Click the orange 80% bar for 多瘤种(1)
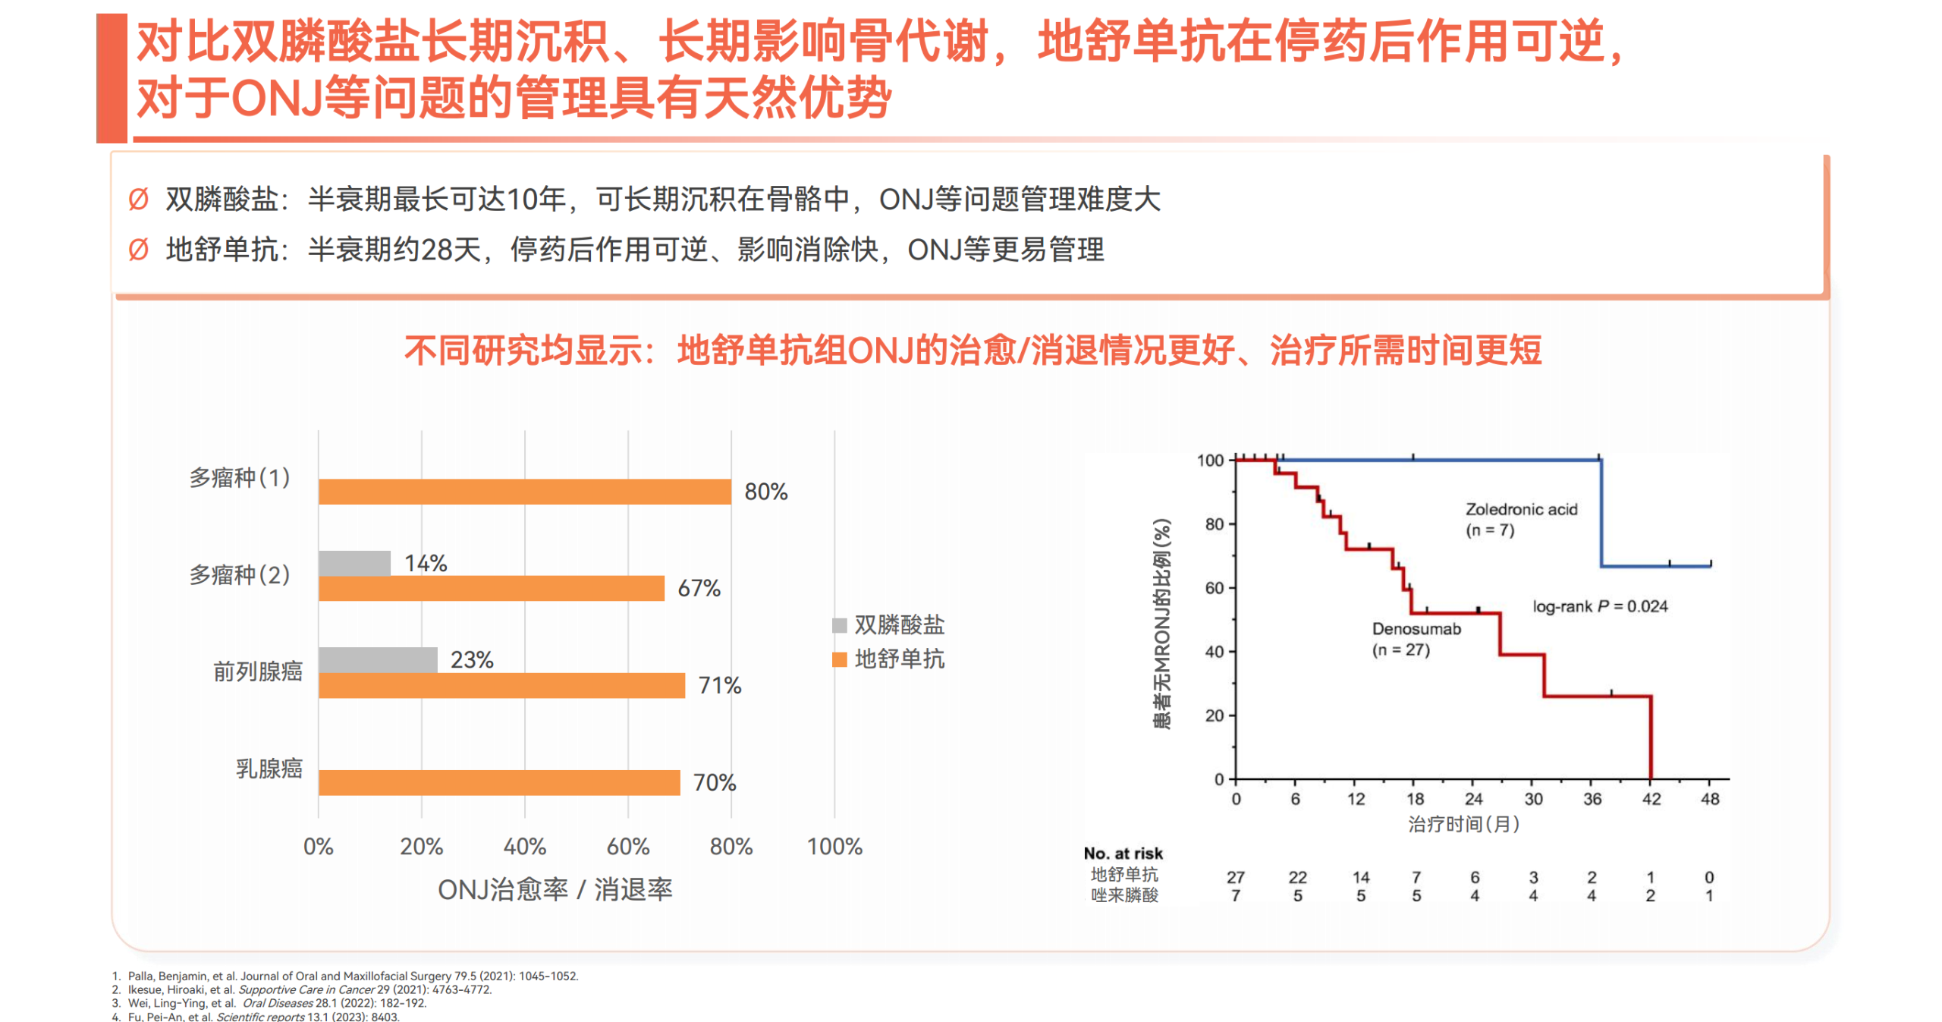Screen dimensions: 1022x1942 (x=524, y=492)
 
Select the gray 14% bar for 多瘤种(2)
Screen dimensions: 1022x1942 (x=354, y=563)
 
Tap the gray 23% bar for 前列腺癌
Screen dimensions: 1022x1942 (x=378, y=659)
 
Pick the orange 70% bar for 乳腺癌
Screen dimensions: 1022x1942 (x=499, y=782)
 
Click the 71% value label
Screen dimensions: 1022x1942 (x=719, y=686)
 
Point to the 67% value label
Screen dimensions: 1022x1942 (x=699, y=589)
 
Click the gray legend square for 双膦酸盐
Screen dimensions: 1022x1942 (x=839, y=625)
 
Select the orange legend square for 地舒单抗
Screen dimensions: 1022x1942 (x=839, y=659)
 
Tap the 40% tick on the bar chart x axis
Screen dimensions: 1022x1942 (x=524, y=847)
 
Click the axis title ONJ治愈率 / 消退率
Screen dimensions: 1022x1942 (x=555, y=890)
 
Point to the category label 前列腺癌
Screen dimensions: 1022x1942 (x=257, y=671)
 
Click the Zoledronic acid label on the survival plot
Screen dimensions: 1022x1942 (x=1520, y=510)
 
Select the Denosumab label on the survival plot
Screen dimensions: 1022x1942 (x=1416, y=629)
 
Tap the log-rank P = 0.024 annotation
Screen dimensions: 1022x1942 (x=1599, y=606)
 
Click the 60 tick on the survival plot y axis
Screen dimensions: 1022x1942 (x=1214, y=588)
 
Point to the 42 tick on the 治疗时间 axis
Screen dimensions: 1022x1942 (x=1651, y=799)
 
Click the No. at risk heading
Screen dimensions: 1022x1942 (x=1123, y=854)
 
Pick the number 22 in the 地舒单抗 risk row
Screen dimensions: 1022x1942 (x=1297, y=877)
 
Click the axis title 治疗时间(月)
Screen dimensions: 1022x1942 (x=1463, y=824)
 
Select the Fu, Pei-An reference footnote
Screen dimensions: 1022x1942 (x=262, y=1017)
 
